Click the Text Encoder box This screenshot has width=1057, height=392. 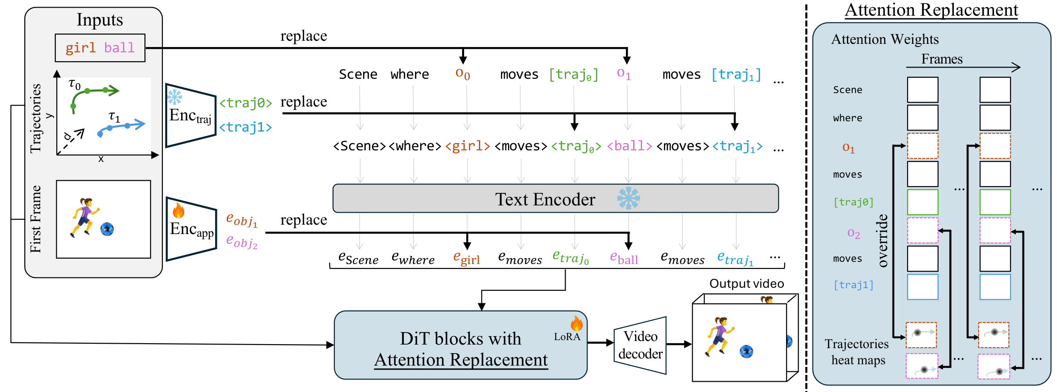tap(555, 198)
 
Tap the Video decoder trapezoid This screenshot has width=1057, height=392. tap(640, 345)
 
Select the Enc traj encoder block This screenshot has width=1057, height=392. tap(191, 115)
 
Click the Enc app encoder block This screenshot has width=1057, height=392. tap(191, 229)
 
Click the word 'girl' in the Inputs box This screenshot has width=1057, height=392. tap(80, 47)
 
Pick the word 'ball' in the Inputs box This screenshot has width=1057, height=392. tap(119, 47)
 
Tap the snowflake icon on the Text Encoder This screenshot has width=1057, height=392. tap(628, 198)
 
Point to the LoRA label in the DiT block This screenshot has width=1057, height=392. tap(567, 337)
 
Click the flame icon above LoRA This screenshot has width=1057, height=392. tap(576, 323)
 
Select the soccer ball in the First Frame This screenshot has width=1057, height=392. tap(107, 229)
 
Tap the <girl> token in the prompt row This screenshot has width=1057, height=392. tap(468, 146)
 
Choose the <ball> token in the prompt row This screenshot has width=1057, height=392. tap(630, 146)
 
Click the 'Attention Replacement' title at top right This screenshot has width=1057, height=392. tap(931, 10)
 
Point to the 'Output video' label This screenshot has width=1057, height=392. tap(747, 284)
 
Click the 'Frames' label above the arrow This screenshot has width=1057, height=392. tap(942, 59)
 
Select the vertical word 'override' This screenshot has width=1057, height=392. tap(882, 241)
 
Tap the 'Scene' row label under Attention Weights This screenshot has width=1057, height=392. tap(848, 90)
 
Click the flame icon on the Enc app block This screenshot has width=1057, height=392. tap(178, 210)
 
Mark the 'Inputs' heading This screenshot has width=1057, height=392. tap(100, 20)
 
